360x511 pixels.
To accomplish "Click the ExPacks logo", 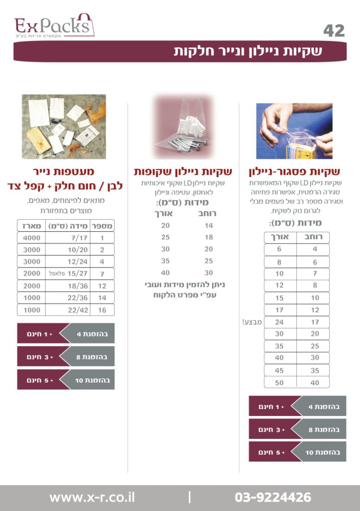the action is click(54, 26).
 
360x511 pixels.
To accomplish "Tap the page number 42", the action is click(334, 31).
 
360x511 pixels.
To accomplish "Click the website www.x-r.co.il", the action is click(92, 498).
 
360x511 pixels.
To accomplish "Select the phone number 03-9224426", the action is click(273, 498).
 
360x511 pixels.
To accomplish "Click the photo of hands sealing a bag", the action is click(294, 131).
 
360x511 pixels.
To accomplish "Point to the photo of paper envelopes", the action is click(64, 127).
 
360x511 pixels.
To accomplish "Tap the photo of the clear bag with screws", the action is click(183, 126).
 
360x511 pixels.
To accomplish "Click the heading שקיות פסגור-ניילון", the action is click(294, 172).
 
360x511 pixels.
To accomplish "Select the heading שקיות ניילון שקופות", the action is click(183, 172).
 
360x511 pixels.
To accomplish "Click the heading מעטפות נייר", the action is click(64, 171).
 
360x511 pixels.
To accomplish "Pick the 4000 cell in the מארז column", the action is click(32, 238).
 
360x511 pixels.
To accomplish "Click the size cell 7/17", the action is click(79, 238).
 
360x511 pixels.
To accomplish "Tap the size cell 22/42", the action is click(78, 310).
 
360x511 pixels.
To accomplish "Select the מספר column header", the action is click(102, 226).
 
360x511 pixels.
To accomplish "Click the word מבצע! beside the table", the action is click(252, 322).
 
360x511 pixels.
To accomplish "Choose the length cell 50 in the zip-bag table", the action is click(279, 382).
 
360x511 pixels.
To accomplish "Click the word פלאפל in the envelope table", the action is click(57, 274).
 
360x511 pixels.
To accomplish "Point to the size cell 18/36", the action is click(78, 286).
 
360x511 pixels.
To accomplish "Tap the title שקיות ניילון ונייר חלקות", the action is click(248, 51).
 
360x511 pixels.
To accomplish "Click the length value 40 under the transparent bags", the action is click(165, 273).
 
